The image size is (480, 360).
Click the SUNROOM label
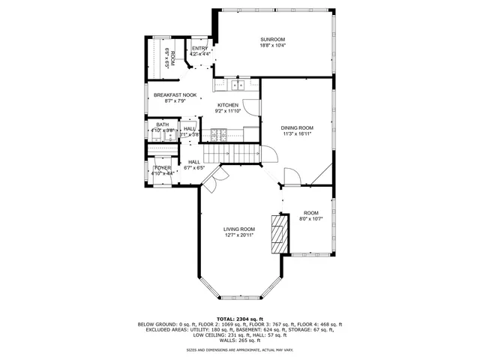pyautogui.click(x=272, y=39)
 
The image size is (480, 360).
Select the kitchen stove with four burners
pyautogui.click(x=217, y=136)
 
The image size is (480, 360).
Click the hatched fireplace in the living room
pyautogui.click(x=279, y=235)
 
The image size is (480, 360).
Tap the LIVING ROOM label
pyautogui.click(x=238, y=229)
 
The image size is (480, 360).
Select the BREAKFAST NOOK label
pyautogui.click(x=175, y=95)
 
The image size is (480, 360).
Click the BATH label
pyautogui.click(x=163, y=124)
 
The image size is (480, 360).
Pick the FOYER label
pyautogui.click(x=163, y=167)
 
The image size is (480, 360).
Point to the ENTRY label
pyautogui.click(x=199, y=49)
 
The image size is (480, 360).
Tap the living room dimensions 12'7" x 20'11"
pyautogui.click(x=238, y=235)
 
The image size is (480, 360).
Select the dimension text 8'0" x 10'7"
pyautogui.click(x=310, y=219)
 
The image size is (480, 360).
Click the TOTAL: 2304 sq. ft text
pyautogui.click(x=239, y=319)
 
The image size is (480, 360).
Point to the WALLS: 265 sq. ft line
pyautogui.click(x=239, y=340)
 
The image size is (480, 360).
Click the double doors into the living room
pyautogui.click(x=214, y=179)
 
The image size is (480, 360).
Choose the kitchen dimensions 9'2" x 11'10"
pyautogui.click(x=228, y=111)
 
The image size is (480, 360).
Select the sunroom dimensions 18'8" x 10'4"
pyautogui.click(x=272, y=46)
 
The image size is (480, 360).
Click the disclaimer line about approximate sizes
pyautogui.click(x=239, y=350)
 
